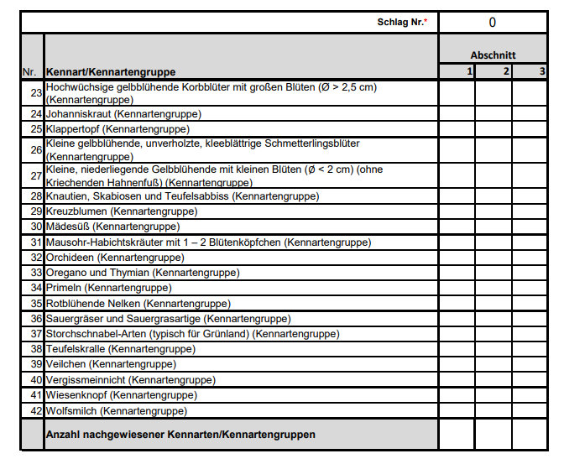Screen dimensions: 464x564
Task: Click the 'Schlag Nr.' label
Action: point(399,23)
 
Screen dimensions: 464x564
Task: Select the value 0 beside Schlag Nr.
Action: point(492,23)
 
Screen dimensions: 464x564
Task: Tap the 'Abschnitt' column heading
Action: point(493,55)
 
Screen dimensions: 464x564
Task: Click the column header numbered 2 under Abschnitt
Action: point(493,72)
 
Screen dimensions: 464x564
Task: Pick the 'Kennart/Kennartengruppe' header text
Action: point(111,72)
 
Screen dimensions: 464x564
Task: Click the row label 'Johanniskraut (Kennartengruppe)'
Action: point(123,113)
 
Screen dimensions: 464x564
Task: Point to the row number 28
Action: point(35,196)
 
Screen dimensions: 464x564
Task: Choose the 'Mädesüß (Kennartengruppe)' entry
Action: point(112,227)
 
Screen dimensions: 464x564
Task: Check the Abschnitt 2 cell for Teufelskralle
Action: point(493,348)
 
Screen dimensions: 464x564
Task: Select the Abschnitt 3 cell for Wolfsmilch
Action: point(530,411)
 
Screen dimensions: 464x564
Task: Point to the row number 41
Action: point(35,395)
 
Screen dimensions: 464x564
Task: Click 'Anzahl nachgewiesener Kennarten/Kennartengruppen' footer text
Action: point(181,435)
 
